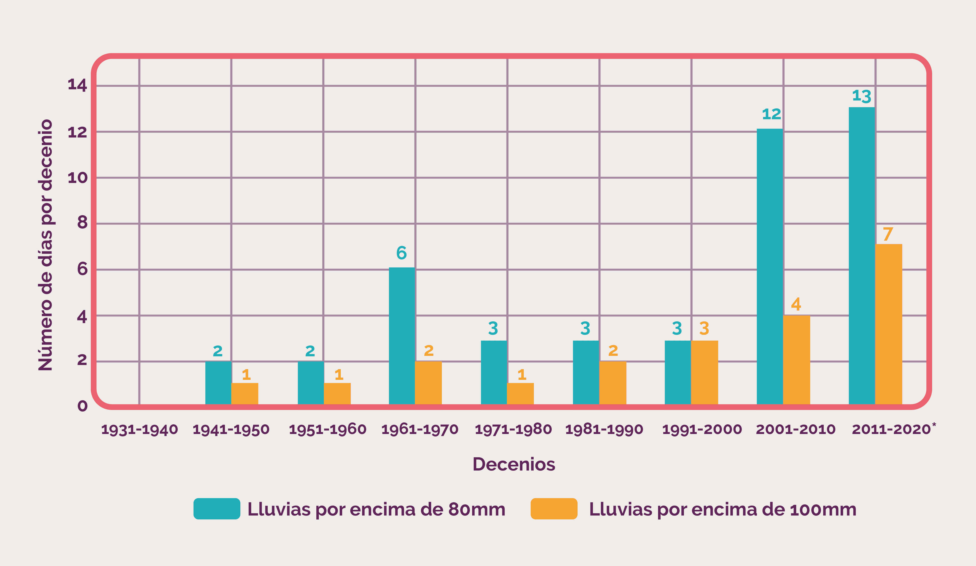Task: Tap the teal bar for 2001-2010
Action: [769, 267]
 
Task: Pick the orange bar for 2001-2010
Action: [796, 360]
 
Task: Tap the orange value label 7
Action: [888, 234]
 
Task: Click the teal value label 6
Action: [401, 253]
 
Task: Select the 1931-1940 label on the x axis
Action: [140, 429]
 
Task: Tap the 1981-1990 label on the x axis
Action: [604, 429]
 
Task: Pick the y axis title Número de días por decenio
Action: [46, 245]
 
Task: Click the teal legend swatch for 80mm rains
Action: [217, 509]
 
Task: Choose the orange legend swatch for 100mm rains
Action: [554, 509]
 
